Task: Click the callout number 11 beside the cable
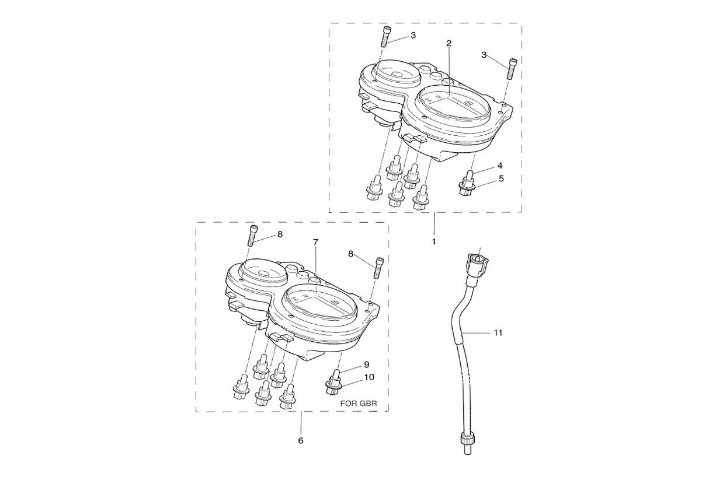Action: click(498, 333)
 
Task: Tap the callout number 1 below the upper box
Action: click(434, 242)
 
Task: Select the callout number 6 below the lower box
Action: click(301, 440)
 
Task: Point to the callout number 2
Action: click(449, 44)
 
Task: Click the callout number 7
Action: click(315, 243)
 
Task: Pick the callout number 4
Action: click(500, 166)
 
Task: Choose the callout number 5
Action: click(501, 178)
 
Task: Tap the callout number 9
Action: click(367, 364)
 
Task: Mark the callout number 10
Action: click(369, 377)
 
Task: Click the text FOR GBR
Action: click(359, 404)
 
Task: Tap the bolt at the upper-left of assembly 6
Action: click(253, 236)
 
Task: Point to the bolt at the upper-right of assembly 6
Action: click(378, 268)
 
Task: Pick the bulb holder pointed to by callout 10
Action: click(333, 382)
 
